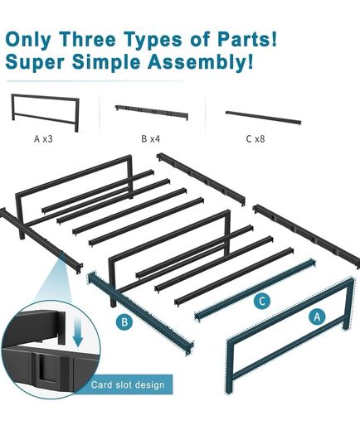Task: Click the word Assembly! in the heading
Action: click(200, 62)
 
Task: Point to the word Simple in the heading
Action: click(106, 62)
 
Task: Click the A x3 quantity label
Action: click(43, 138)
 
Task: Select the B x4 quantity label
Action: click(151, 138)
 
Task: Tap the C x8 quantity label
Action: click(255, 138)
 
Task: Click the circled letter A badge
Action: click(317, 317)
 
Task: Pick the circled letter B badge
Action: click(124, 322)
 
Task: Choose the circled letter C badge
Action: click(262, 301)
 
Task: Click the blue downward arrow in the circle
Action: click(78, 332)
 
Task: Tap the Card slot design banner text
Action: click(128, 385)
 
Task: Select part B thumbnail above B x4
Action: click(152, 112)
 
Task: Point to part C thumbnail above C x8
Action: click(263, 118)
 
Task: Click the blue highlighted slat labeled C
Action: click(255, 290)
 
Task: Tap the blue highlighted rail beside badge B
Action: click(140, 312)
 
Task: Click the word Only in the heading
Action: click(28, 39)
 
